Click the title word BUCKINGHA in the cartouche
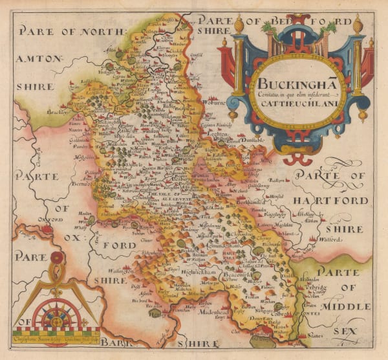[289, 84]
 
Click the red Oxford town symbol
[47, 229]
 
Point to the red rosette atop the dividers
[57, 258]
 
